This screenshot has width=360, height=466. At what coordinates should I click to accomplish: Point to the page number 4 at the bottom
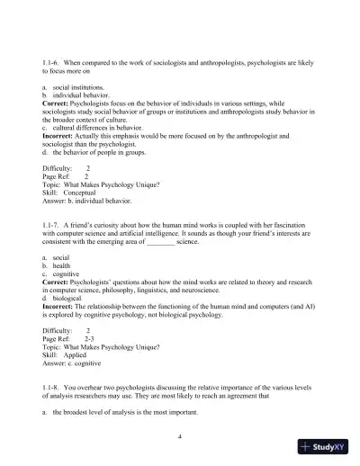pos(180,434)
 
